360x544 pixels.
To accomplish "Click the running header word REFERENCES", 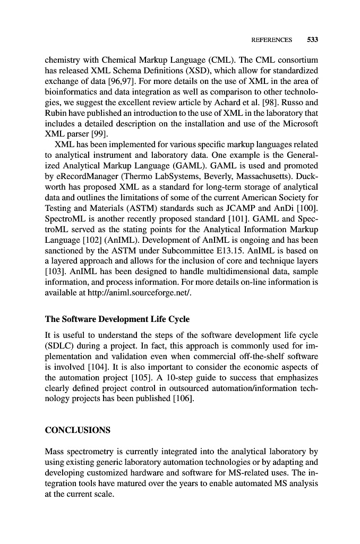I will point(271,40).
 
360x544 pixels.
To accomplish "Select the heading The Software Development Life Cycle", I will point(117,320).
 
